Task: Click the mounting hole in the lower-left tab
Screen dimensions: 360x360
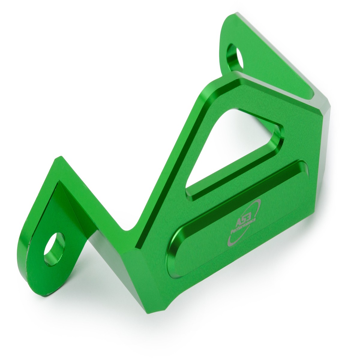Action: click(54, 249)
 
